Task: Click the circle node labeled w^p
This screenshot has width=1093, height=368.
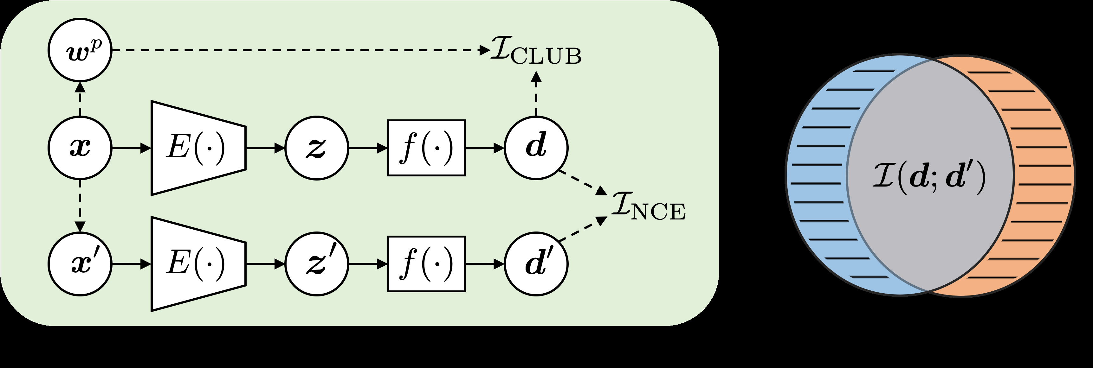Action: tap(80, 50)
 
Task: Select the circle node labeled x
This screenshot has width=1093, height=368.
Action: tap(80, 148)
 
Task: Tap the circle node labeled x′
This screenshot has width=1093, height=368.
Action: tap(80, 264)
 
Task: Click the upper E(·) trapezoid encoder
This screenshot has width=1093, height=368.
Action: tap(197, 148)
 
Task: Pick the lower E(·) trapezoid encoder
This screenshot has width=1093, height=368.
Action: tap(197, 264)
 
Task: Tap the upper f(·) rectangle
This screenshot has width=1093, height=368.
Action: tap(426, 148)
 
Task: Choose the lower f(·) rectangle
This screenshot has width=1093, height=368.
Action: tap(426, 264)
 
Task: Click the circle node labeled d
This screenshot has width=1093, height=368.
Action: tap(536, 148)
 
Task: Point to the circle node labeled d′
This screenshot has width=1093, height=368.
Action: tap(536, 264)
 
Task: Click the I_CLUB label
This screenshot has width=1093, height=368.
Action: tap(535, 52)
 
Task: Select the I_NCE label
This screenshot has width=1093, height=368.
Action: tap(648, 207)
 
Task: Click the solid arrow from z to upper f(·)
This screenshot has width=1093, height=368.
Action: tap(367, 148)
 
